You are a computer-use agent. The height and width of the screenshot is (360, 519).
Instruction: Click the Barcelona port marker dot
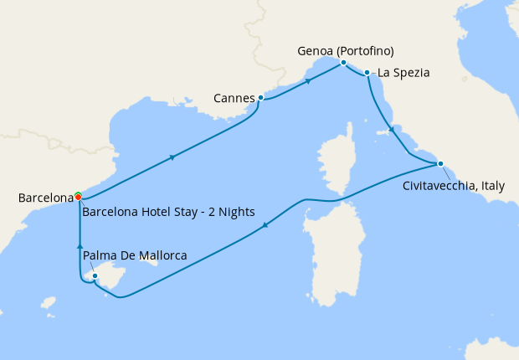(78, 197)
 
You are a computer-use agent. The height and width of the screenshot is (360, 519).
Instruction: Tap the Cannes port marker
(261, 98)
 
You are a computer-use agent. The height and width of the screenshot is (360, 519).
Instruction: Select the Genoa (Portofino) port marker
(343, 63)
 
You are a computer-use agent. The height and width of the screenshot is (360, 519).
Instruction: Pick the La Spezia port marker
(367, 73)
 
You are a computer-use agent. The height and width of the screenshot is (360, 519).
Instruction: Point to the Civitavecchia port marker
(440, 163)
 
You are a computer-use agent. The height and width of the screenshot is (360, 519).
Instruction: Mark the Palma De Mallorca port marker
(95, 275)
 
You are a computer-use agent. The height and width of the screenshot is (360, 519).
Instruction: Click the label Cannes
(234, 99)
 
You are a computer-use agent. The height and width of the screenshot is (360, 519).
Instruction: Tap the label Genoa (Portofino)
(346, 50)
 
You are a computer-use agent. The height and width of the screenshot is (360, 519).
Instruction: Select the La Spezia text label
(403, 73)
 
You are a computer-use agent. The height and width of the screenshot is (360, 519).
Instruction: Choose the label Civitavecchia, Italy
(453, 186)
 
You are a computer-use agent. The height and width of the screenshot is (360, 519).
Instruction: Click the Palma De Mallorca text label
(135, 255)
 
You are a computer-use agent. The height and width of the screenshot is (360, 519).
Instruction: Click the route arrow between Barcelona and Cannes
(172, 157)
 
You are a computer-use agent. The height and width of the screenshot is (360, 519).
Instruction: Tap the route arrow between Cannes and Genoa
(308, 81)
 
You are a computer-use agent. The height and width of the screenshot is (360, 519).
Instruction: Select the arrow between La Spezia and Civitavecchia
(389, 130)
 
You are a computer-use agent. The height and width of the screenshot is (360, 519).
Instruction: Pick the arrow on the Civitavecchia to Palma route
(265, 224)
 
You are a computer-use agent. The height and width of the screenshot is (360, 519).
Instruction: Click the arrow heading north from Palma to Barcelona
(80, 245)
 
